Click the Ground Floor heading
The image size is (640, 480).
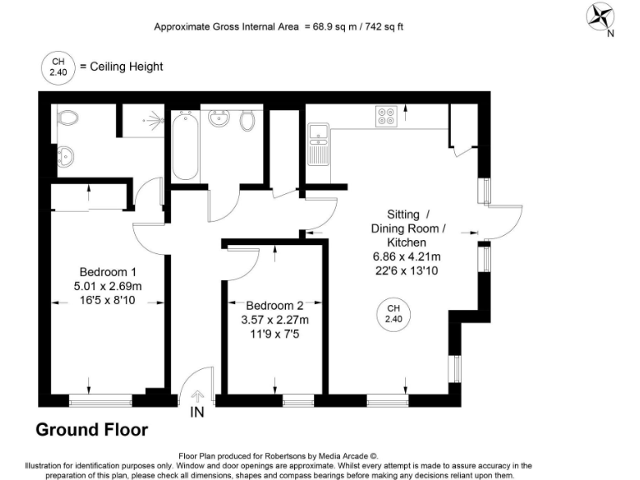pyautogui.click(x=92, y=430)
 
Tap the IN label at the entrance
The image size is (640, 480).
pyautogui.click(x=197, y=412)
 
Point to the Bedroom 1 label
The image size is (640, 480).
pyautogui.click(x=107, y=272)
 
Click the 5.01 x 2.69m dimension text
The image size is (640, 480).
pyautogui.click(x=107, y=287)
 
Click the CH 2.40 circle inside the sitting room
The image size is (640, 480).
pyautogui.click(x=392, y=314)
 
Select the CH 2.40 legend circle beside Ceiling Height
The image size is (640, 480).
pyautogui.click(x=57, y=67)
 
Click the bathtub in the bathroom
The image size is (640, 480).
pyautogui.click(x=184, y=145)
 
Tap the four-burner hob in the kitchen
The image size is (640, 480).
pyautogui.click(x=387, y=116)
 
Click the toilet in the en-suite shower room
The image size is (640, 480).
pyautogui.click(x=67, y=118)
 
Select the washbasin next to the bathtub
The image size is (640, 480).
pyautogui.click(x=222, y=119)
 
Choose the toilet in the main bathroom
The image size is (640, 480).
pyautogui.click(x=247, y=121)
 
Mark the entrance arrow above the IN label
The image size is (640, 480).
pyautogui.click(x=197, y=397)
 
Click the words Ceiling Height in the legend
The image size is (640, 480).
pyautogui.click(x=127, y=67)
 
